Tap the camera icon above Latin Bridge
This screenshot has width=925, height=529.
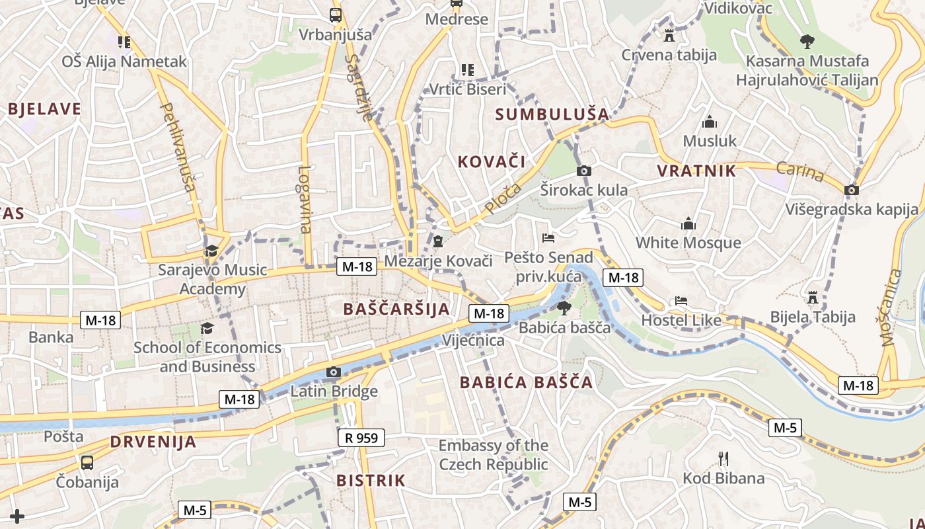pyautogui.click(x=334, y=372)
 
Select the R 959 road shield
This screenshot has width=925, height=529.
pyautogui.click(x=361, y=438)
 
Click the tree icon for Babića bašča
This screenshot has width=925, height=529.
pyautogui.click(x=564, y=307)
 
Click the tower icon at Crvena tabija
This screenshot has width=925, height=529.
pyautogui.click(x=669, y=36)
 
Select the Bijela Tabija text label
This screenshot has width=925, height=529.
pyautogui.click(x=813, y=317)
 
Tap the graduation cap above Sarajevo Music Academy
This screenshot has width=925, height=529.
pyautogui.click(x=211, y=251)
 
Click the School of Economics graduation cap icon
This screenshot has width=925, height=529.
pyautogui.click(x=207, y=329)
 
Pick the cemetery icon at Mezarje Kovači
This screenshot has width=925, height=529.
pyautogui.click(x=438, y=241)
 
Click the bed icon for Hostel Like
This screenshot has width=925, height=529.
pyautogui.click(x=681, y=302)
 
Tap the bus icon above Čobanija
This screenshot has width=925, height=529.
pyautogui.click(x=87, y=462)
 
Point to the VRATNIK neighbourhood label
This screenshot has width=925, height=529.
pyautogui.click(x=696, y=171)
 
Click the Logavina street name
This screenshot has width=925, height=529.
pyautogui.click(x=304, y=199)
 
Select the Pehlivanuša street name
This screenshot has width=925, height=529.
pyautogui.click(x=178, y=147)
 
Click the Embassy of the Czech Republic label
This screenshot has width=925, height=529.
pyautogui.click(x=494, y=455)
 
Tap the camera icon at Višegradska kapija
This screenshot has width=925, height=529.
pyautogui.click(x=852, y=190)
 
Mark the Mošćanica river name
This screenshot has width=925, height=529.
pyautogui.click(x=893, y=308)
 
